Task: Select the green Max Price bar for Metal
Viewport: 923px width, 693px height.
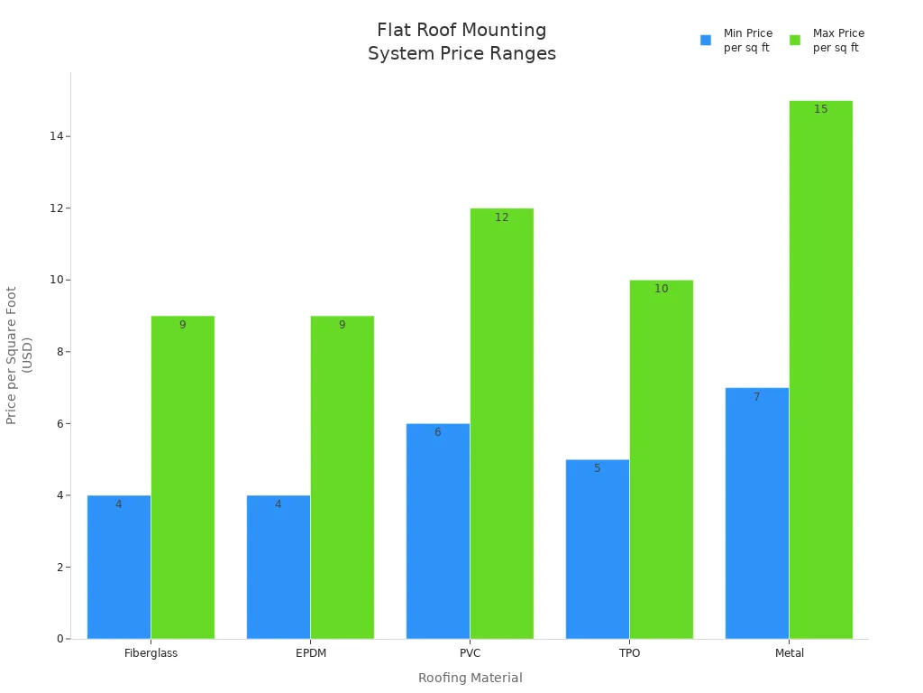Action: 820,370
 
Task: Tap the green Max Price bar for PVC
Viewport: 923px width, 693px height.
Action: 501,424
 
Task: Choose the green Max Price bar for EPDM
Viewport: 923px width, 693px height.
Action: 342,477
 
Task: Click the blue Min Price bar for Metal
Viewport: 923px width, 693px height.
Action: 756,513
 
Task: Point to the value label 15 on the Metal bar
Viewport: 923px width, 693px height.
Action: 820,109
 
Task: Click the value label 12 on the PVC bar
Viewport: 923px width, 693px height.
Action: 501,217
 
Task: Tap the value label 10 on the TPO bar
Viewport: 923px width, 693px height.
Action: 661,289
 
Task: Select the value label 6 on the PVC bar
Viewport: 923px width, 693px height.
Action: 437,432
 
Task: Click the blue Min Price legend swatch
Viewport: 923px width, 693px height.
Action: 706,40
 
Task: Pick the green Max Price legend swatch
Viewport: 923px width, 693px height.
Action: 795,40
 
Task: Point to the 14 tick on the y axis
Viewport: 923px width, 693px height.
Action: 56,136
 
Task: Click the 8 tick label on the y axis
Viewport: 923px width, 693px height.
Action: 59,352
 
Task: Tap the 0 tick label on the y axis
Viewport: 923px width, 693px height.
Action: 59,639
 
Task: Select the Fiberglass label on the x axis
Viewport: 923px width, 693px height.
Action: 151,653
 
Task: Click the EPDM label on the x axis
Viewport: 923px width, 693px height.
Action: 310,653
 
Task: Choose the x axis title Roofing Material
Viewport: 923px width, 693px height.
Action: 470,678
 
